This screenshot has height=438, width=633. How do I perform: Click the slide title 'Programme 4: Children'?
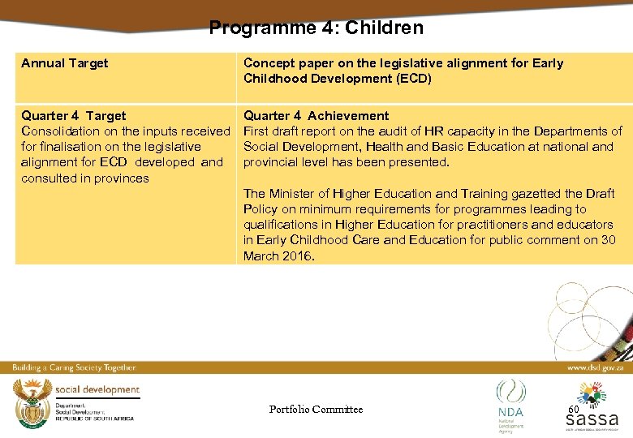(316, 28)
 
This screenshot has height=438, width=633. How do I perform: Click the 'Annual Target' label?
(64, 63)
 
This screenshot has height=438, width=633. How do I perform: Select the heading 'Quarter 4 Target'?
(73, 116)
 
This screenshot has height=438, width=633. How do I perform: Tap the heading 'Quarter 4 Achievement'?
(316, 116)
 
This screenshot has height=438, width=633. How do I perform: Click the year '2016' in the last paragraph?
(297, 256)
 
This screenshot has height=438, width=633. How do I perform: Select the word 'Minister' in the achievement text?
(295, 194)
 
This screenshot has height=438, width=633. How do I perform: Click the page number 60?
(573, 409)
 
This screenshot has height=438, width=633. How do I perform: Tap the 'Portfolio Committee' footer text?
(316, 409)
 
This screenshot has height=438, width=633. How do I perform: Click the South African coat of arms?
(32, 401)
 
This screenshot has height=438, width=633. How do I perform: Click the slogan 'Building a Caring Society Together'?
(74, 367)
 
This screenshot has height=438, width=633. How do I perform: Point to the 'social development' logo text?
(97, 390)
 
